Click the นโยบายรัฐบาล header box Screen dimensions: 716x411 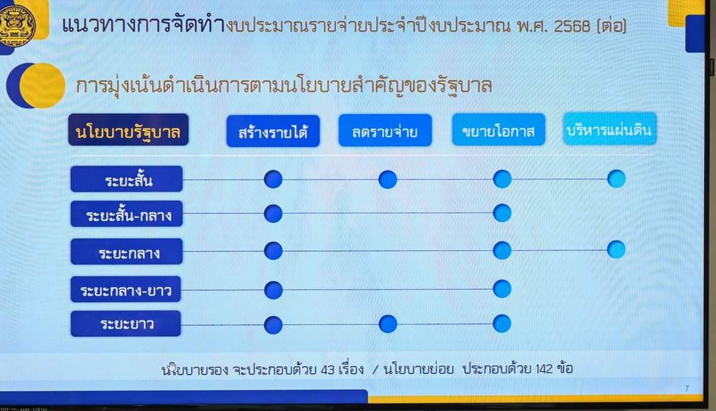[129, 130]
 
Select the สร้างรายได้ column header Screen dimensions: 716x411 [273, 131]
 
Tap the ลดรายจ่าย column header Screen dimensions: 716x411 [385, 131]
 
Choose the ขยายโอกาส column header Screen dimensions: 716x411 [498, 130]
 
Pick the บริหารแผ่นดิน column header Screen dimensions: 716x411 [610, 129]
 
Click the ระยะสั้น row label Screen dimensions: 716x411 [127, 179]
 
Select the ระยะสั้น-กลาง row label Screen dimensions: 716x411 [127, 213]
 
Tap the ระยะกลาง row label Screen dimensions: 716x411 [127, 252]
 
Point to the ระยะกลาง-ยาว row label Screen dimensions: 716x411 [125, 290]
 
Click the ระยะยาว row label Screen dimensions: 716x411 [125, 323]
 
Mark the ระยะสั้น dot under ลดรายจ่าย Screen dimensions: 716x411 [388, 180]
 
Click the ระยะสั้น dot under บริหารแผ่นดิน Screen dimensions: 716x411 [617, 178]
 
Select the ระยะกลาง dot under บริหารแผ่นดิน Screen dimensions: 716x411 [617, 249]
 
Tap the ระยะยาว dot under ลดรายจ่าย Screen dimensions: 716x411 [388, 323]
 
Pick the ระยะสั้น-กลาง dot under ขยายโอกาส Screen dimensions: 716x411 [503, 213]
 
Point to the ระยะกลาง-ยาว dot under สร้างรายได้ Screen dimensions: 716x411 [274, 290]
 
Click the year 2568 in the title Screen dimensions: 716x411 [571, 26]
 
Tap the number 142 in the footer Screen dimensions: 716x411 [544, 369]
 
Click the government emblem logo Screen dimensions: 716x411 [17, 23]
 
